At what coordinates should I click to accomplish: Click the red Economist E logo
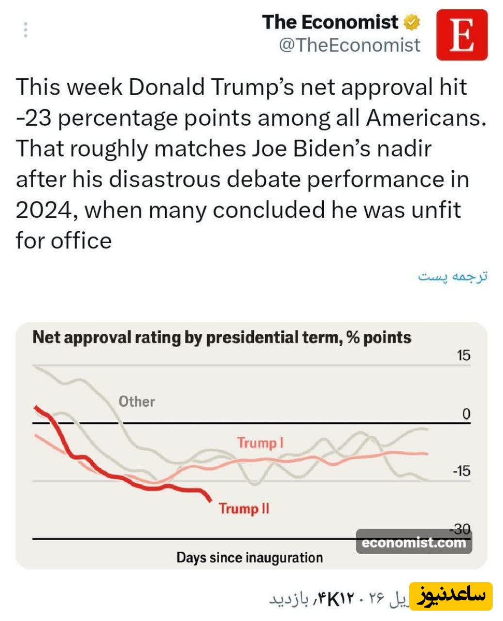point(462,35)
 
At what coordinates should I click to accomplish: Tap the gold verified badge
point(412,22)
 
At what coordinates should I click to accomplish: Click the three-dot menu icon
point(25,29)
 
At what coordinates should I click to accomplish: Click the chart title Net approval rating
point(222,338)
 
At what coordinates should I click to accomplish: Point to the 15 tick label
point(463,356)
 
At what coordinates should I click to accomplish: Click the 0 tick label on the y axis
point(466,413)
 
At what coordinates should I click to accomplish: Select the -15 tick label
point(460,471)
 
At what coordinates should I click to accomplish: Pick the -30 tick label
point(460,529)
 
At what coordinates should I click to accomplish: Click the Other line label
point(137,401)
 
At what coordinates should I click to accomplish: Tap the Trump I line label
point(260,443)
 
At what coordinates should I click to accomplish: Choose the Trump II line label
point(244,508)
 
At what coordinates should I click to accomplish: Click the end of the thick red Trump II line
point(210,500)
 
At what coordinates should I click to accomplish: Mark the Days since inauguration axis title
point(250,558)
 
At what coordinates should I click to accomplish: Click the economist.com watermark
point(414,543)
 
